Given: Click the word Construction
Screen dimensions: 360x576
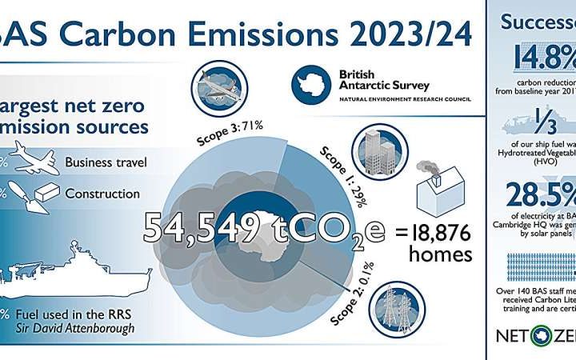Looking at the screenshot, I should click(102, 194).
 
